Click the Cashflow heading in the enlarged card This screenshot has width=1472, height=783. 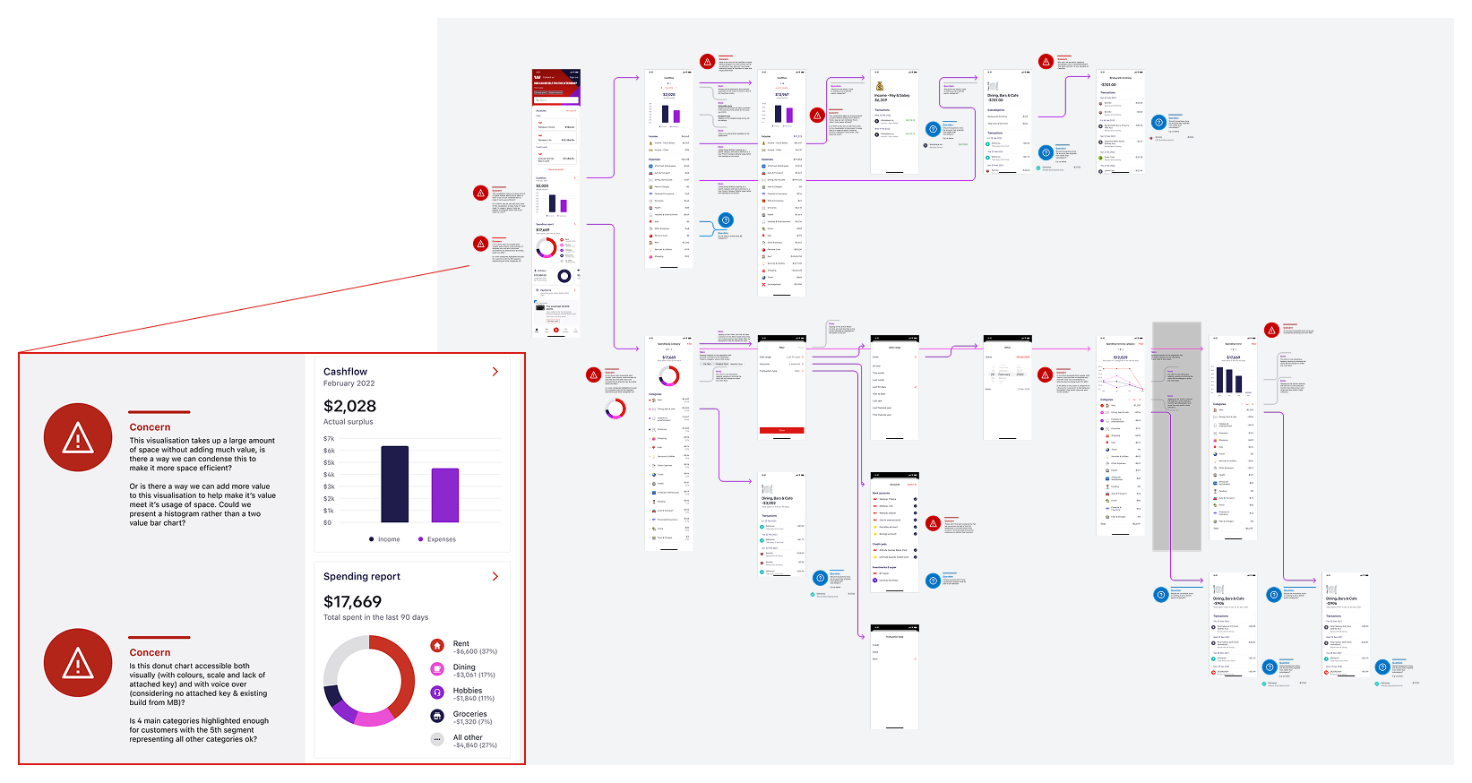(345, 372)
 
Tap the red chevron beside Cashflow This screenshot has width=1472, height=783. (495, 372)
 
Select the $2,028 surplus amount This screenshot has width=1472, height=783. (349, 406)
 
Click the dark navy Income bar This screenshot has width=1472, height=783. (394, 484)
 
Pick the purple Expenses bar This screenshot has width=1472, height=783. (445, 495)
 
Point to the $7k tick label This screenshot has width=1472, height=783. (329, 439)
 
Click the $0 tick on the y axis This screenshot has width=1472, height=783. (328, 522)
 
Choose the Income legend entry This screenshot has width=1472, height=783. (384, 539)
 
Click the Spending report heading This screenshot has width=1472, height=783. (362, 577)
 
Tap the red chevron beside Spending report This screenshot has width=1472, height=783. (495, 577)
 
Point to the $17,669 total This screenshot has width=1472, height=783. (352, 602)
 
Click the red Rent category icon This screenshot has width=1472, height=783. (437, 646)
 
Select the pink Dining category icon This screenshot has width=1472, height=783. (437, 669)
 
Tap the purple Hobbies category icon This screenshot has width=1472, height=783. (437, 693)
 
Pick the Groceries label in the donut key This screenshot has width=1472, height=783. (469, 714)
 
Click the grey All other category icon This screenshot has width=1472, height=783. (437, 739)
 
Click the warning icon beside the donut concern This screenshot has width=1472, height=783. (78, 663)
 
